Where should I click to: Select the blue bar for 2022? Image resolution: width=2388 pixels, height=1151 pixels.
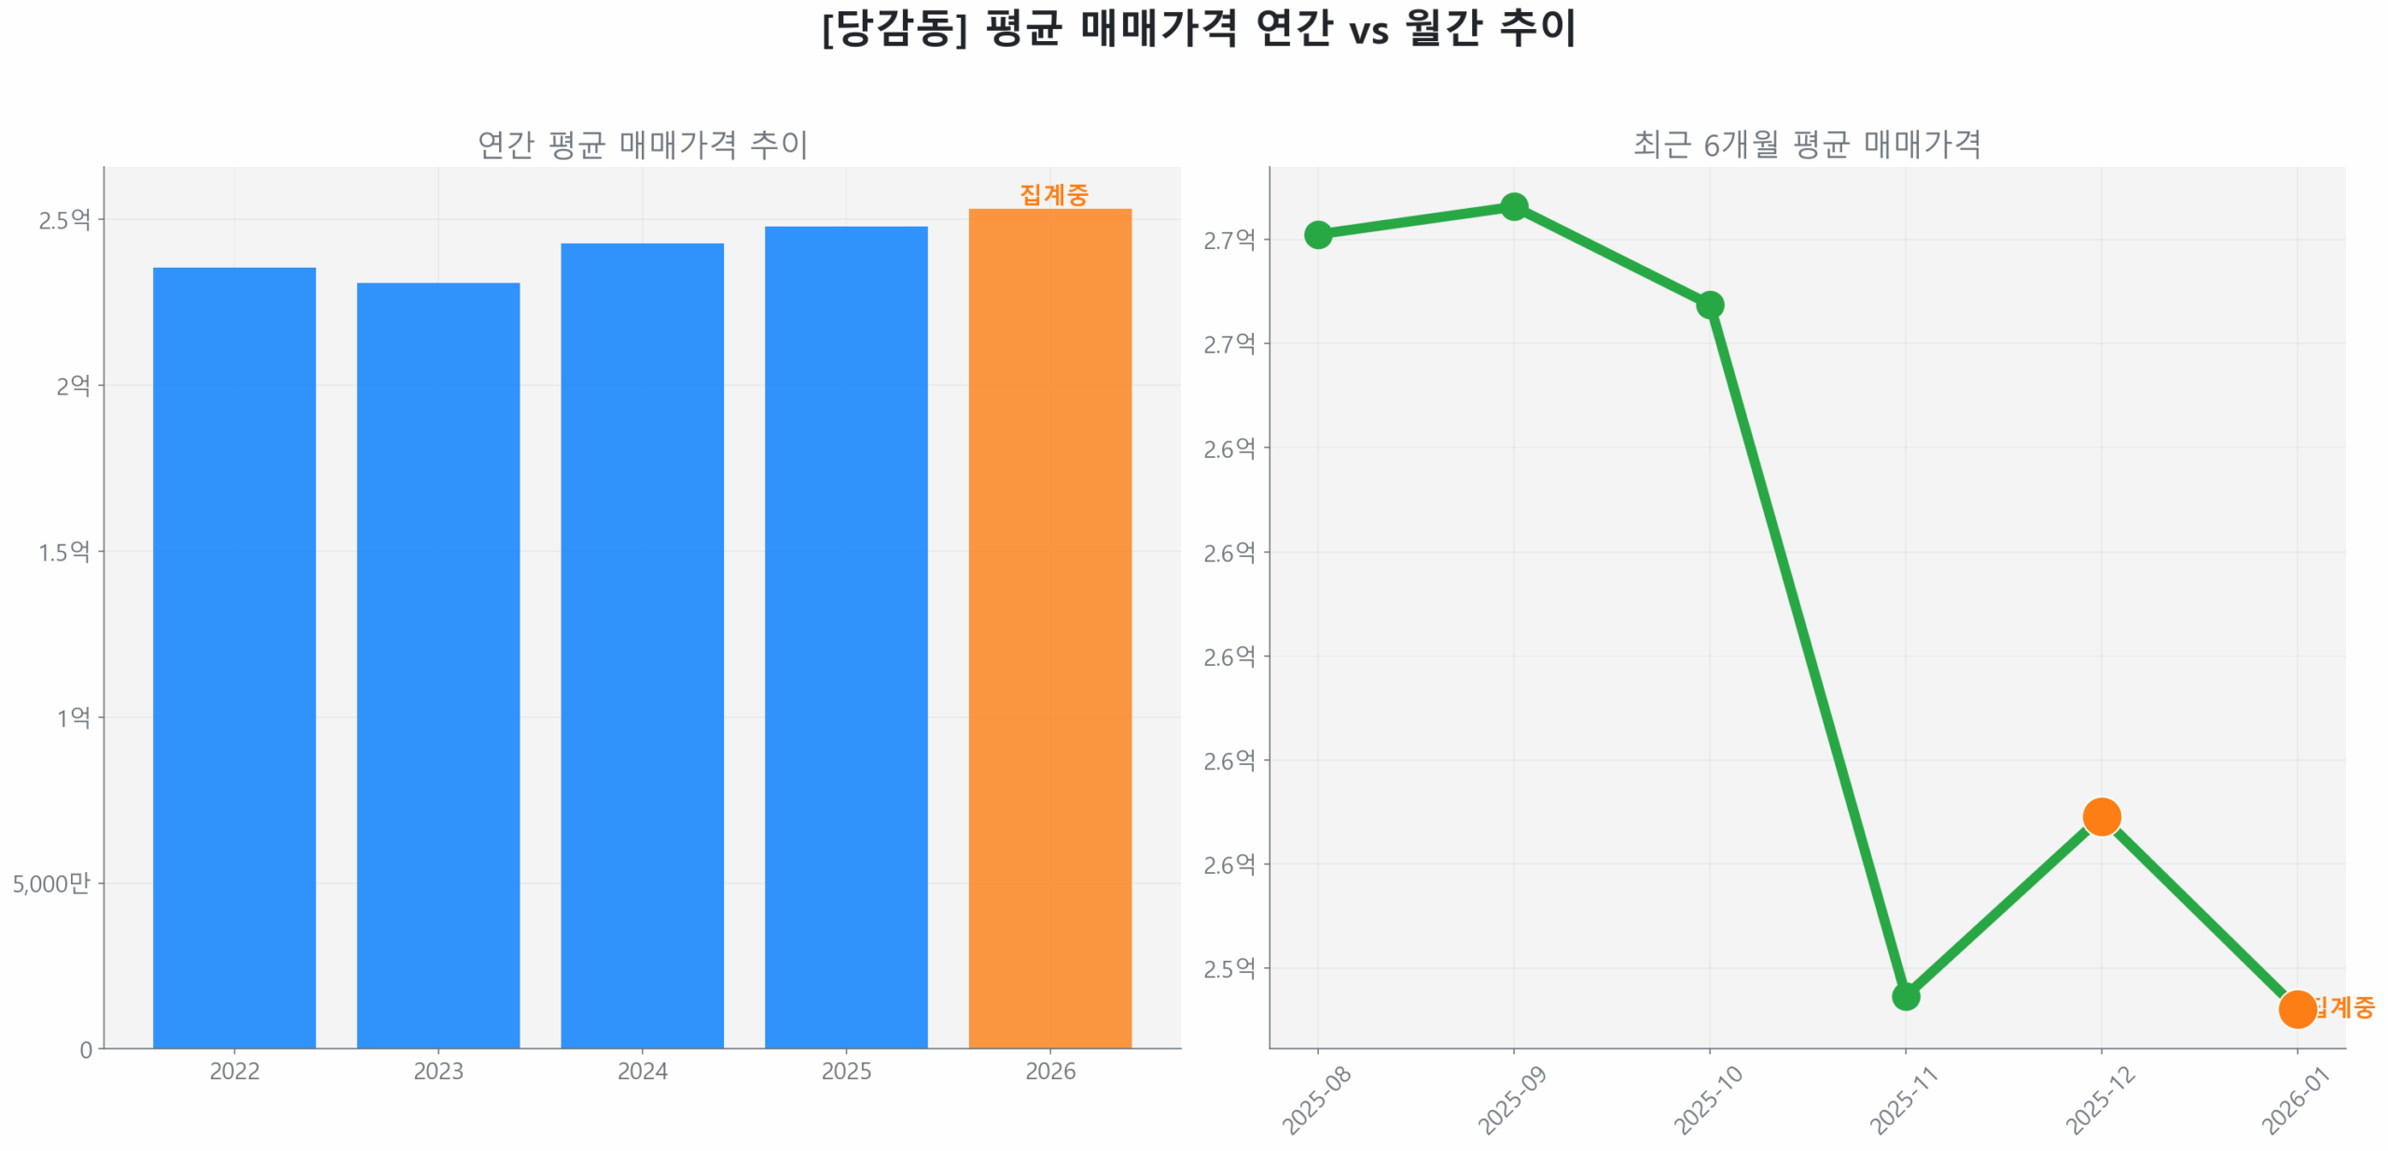tap(234, 657)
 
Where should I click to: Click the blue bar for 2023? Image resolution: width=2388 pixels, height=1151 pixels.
tap(437, 664)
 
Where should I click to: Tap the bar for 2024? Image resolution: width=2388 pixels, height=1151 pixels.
tap(642, 645)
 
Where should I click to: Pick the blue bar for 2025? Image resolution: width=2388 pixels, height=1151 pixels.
tap(845, 636)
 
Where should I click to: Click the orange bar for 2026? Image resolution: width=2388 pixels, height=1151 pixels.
tap(1049, 628)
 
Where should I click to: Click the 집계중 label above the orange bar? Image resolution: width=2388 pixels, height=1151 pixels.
tap(1053, 194)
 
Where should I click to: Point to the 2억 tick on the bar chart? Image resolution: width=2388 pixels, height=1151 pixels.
tap(73, 385)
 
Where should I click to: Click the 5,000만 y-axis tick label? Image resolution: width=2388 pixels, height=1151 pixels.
tap(51, 882)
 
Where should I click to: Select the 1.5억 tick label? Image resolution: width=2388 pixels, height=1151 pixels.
tap(63, 551)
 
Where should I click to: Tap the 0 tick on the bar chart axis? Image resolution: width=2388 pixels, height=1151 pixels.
tap(86, 1049)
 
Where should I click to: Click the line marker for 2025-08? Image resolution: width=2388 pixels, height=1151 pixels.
tap(1317, 234)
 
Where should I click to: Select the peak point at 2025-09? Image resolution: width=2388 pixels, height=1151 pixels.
tap(1513, 206)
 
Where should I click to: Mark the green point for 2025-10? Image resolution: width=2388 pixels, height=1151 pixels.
tap(1709, 305)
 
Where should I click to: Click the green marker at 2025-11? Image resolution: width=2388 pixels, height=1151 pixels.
tap(1905, 996)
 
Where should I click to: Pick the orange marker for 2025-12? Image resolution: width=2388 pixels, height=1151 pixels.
tap(2101, 816)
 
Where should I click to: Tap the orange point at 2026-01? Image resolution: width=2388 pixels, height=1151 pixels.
tap(2296, 1008)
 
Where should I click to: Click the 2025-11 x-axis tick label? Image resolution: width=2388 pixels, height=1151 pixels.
tap(1903, 1101)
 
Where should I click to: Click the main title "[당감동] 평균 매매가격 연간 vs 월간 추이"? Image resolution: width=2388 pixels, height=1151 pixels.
tap(1198, 28)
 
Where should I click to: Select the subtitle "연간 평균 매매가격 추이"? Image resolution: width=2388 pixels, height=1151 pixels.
tap(642, 145)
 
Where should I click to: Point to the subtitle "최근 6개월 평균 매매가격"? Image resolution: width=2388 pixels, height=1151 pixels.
tap(1806, 145)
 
